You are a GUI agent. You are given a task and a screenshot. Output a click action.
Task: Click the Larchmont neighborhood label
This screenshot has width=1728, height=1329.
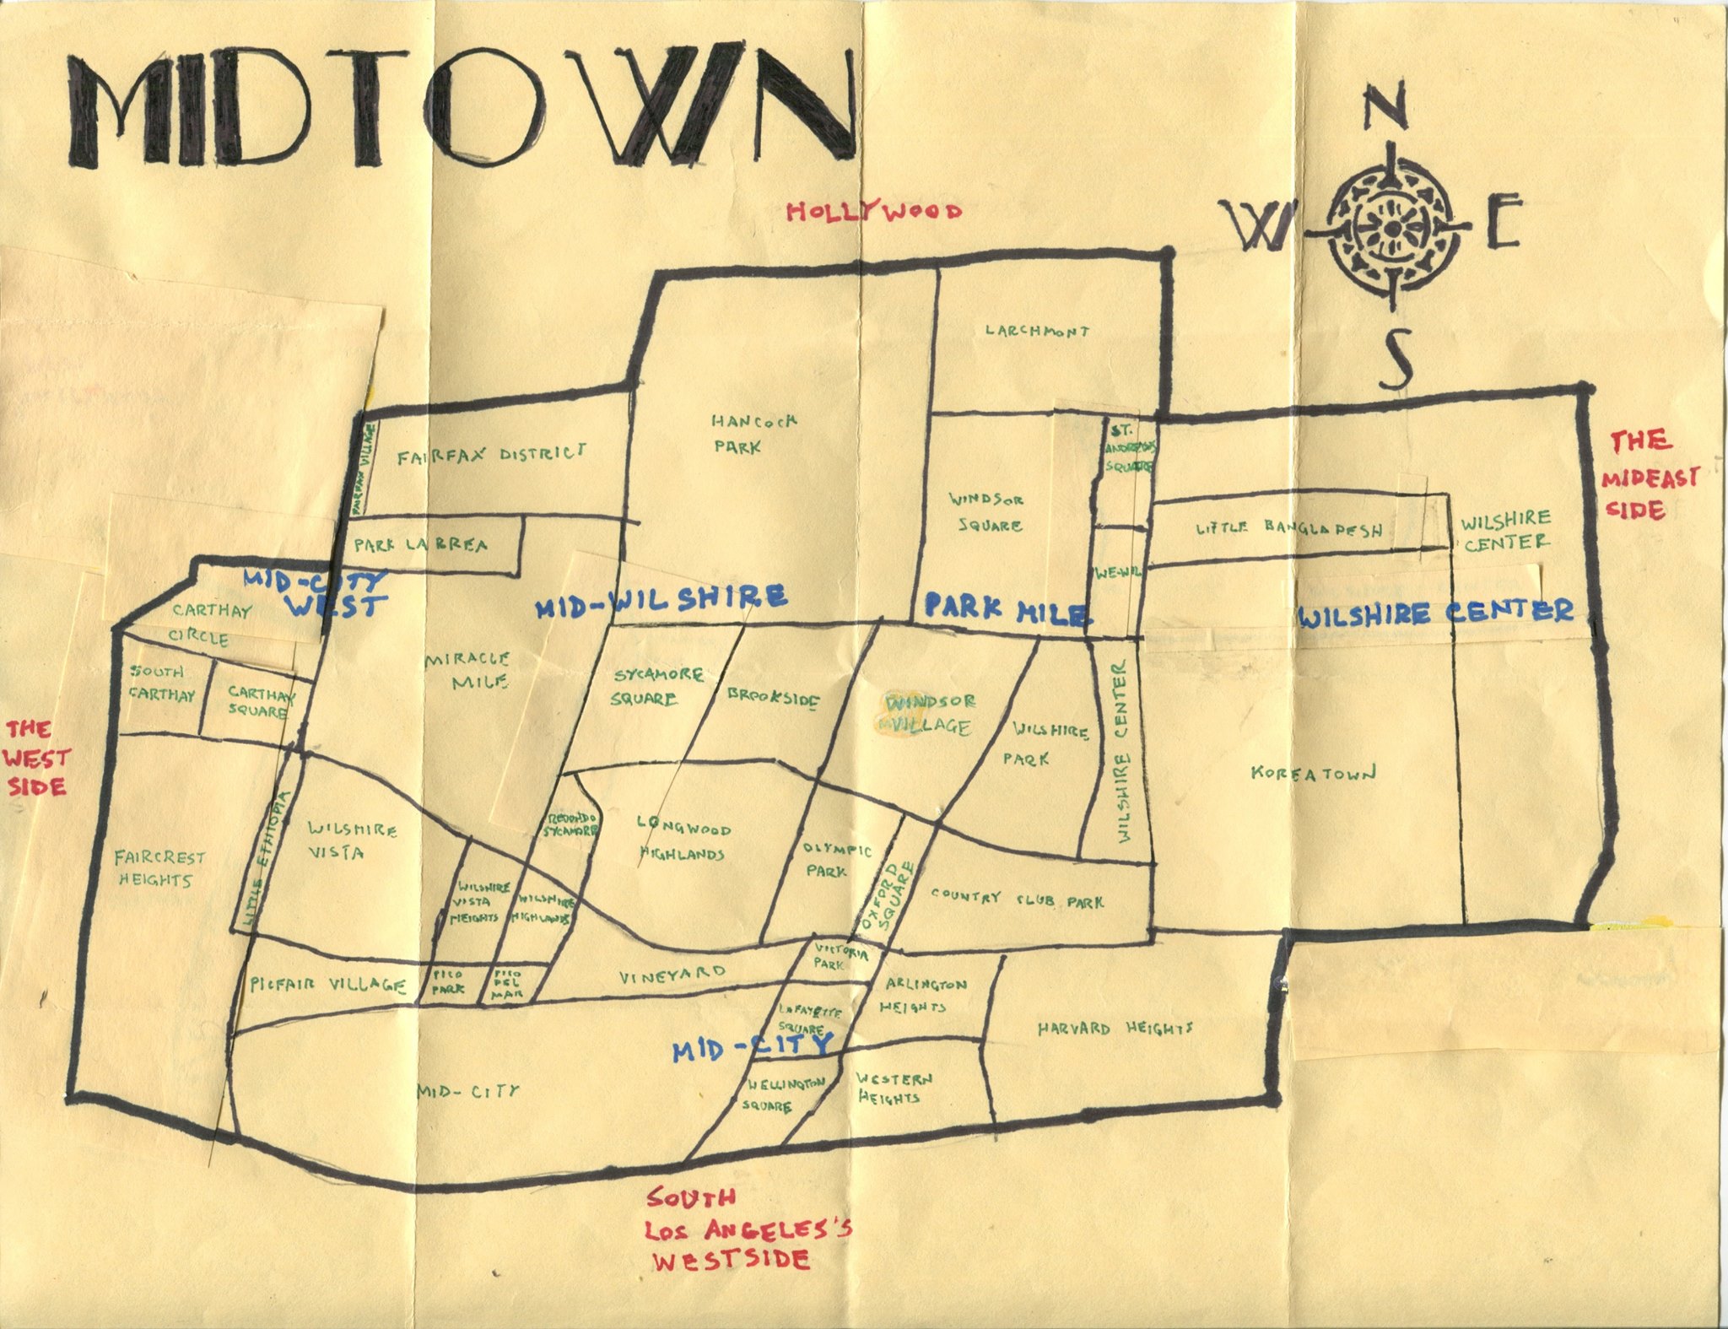click(x=1037, y=332)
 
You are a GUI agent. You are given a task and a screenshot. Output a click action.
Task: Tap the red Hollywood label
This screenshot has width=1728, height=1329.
click(x=873, y=211)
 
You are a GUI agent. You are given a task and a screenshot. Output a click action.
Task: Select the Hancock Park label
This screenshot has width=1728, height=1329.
click(x=742, y=433)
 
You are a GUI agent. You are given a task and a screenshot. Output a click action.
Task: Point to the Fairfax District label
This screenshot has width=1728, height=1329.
click(x=491, y=456)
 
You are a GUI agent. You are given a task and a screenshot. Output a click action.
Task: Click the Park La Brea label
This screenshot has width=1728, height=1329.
click(x=420, y=545)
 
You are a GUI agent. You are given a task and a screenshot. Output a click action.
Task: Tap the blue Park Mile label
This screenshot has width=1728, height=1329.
click(x=1004, y=607)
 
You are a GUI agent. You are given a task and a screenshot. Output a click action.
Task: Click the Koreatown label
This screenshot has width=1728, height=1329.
click(x=1314, y=773)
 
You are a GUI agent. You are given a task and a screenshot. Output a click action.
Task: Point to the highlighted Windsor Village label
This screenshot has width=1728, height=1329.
click(x=929, y=714)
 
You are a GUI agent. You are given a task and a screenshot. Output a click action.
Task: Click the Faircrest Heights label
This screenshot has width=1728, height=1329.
click(x=159, y=869)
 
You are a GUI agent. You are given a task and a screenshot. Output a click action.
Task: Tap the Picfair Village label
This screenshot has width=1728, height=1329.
click(x=329, y=985)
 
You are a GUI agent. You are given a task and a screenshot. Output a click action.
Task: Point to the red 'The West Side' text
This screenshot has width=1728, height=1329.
click(x=35, y=757)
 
